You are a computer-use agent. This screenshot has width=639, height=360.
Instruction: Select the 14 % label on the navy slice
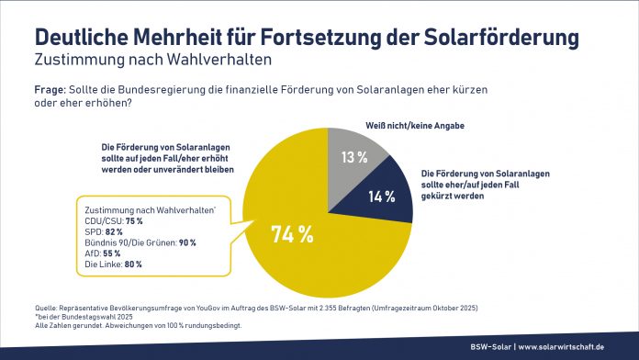(x=382, y=196)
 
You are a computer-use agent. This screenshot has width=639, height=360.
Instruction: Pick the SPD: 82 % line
(x=104, y=231)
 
